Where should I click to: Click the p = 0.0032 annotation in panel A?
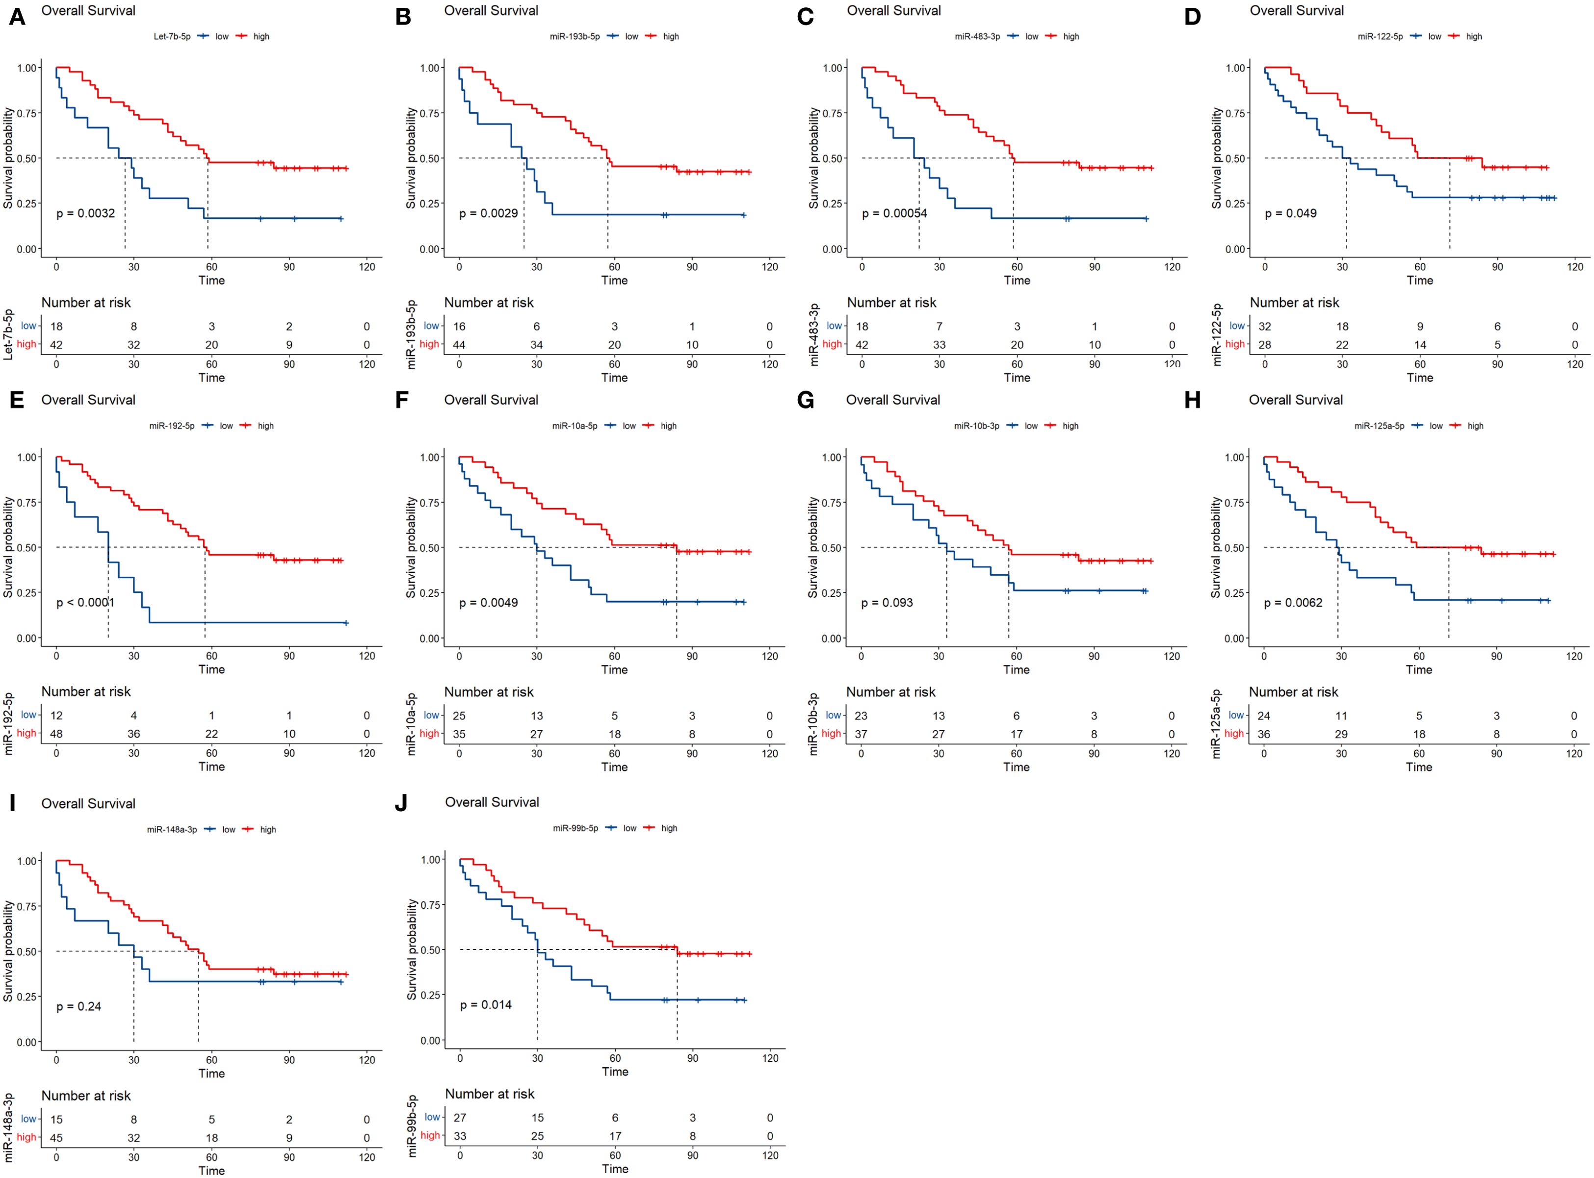point(85,213)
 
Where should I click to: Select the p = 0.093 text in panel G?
point(887,603)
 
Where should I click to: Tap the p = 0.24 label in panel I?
point(78,1006)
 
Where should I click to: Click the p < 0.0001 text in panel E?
point(85,603)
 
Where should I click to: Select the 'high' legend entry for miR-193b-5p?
point(670,36)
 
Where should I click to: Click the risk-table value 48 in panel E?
point(56,734)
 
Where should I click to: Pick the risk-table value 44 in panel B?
point(459,344)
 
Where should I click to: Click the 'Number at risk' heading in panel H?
point(1293,691)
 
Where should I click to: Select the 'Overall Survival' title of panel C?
point(893,11)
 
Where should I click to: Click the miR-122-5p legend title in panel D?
point(1379,36)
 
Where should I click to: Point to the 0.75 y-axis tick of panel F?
point(431,503)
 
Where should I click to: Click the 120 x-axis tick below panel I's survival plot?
point(366,1060)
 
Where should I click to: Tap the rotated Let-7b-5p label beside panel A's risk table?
point(8,334)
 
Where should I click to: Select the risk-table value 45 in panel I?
point(56,1137)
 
